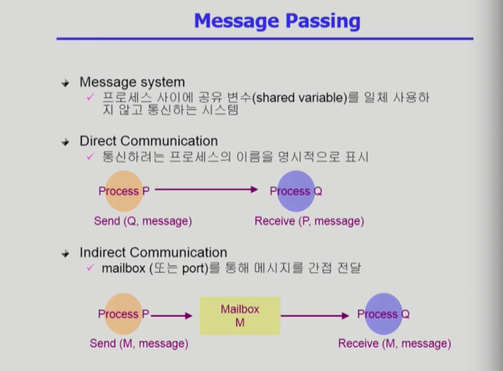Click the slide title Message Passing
(x=277, y=21)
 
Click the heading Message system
(x=132, y=83)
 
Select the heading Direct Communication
(x=148, y=141)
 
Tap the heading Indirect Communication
(x=153, y=252)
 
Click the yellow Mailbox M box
(x=240, y=316)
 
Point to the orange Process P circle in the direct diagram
(x=124, y=191)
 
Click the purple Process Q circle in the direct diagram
(x=296, y=191)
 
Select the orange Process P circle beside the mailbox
(x=124, y=314)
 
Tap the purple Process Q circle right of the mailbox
(x=384, y=314)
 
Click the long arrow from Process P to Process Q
(x=206, y=190)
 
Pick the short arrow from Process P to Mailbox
(x=171, y=316)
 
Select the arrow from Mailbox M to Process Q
(x=315, y=316)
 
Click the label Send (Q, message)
(x=143, y=221)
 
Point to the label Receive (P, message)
(x=309, y=221)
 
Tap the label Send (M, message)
(x=139, y=344)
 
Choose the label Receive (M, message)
(x=395, y=344)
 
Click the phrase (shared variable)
(x=300, y=98)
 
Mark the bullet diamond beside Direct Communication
(x=65, y=142)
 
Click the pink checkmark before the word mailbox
(x=91, y=267)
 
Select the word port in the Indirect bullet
(x=195, y=268)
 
